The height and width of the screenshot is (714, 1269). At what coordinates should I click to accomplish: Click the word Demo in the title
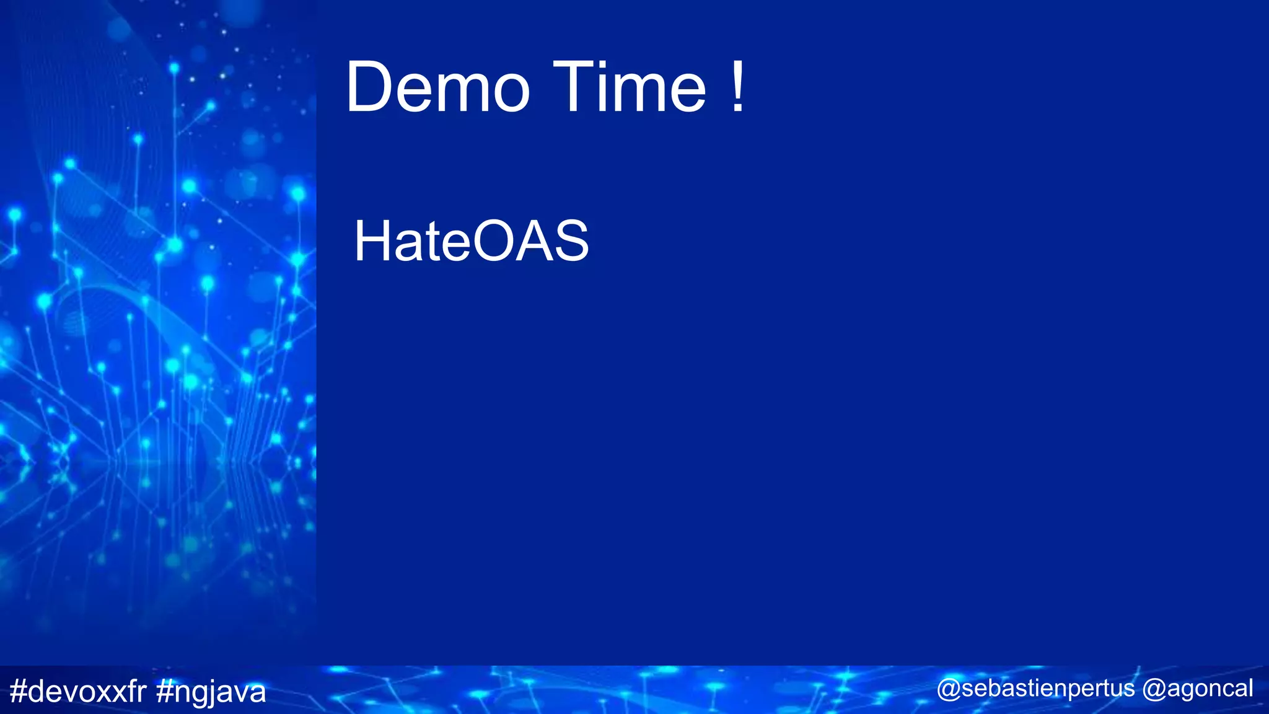437,87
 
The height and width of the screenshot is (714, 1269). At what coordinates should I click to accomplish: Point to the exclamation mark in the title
737,87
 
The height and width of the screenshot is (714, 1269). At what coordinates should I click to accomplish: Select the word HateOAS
471,241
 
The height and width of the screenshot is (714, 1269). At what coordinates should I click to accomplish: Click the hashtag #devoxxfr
78,691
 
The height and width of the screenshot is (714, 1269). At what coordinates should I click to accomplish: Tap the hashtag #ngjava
211,692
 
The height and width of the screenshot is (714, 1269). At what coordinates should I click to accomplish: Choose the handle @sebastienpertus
1035,689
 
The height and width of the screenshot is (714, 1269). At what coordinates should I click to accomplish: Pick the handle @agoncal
1198,689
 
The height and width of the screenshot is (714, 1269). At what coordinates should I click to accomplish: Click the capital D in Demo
371,87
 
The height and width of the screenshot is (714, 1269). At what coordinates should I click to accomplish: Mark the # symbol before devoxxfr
19,691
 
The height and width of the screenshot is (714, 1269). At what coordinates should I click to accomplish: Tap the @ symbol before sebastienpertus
949,689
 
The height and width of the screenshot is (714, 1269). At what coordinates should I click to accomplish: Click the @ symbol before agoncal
1154,689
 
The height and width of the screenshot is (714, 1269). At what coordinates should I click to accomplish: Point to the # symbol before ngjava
165,691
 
